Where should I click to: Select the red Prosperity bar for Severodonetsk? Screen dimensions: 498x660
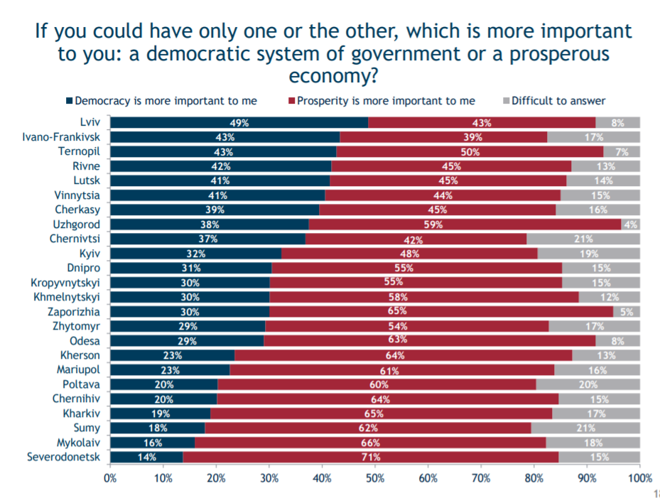(x=369, y=457)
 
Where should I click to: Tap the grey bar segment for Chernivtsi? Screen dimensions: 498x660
(x=583, y=239)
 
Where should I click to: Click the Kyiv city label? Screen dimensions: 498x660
(x=90, y=253)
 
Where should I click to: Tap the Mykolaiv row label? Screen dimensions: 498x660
(x=77, y=442)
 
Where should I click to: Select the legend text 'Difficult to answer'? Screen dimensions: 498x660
(x=558, y=101)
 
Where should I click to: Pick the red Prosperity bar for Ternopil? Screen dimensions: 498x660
(x=470, y=151)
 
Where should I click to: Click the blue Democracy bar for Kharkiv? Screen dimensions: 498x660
(x=160, y=413)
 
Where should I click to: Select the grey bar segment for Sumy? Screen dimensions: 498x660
(x=585, y=428)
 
